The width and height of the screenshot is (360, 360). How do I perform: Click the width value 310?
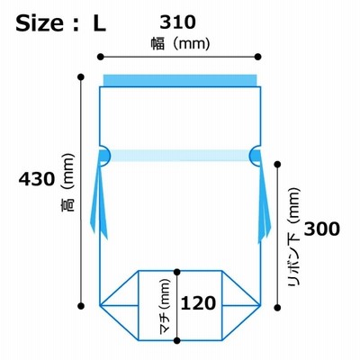pyautogui.click(x=177, y=22)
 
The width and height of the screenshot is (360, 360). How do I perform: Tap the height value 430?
pyautogui.click(x=37, y=179)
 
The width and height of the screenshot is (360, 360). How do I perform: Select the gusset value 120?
pyautogui.click(x=198, y=303)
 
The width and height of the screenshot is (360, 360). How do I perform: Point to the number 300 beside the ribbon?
pyautogui.click(x=322, y=229)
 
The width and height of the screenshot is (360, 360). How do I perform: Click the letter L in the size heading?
pyautogui.click(x=99, y=23)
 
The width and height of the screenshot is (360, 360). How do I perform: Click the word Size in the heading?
pyautogui.click(x=40, y=23)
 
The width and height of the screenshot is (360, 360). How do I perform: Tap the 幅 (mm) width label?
pyautogui.click(x=180, y=44)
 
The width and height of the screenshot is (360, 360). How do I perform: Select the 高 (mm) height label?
pyautogui.click(x=67, y=183)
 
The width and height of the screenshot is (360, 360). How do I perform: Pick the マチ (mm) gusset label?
pyautogui.click(x=165, y=306)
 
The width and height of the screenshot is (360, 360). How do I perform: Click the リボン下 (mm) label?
pyautogui.click(x=293, y=237)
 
